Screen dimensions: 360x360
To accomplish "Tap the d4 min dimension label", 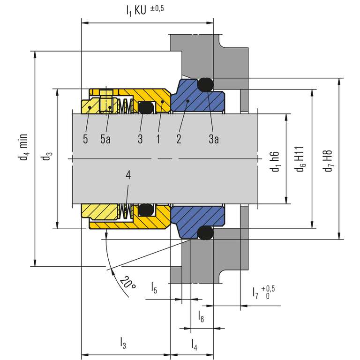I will click(22, 147).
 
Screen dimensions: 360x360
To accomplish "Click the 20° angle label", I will click(127, 283).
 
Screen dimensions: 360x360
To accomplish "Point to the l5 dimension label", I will click(154, 287).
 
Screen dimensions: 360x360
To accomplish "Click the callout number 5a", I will click(105, 140).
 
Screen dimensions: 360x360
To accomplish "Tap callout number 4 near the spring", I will click(128, 175).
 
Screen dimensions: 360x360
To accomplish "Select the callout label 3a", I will click(213, 140).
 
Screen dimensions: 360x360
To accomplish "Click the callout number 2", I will click(179, 140).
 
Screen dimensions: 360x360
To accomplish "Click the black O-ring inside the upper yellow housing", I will click(146, 107).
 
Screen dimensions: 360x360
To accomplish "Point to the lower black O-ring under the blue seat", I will click(204, 232).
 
